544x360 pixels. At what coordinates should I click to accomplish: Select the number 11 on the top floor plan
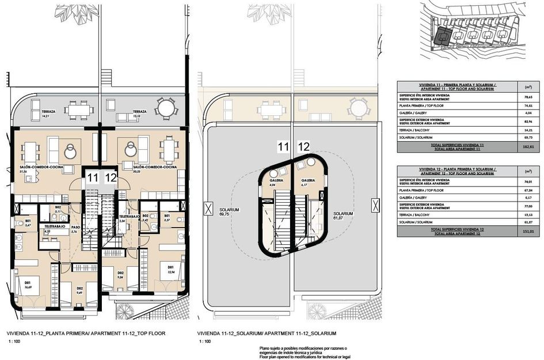point(93,177)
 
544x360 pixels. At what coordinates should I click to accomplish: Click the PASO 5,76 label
point(75,229)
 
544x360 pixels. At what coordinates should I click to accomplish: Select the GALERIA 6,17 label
point(308,183)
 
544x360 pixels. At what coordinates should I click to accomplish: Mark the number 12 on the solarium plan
point(303,147)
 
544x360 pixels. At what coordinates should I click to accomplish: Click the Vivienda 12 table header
point(446,171)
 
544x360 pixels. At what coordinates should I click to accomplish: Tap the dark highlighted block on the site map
point(442,35)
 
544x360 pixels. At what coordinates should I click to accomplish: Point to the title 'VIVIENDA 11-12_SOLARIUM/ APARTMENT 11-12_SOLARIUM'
point(266,334)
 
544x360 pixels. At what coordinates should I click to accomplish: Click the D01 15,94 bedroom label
point(171,269)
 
